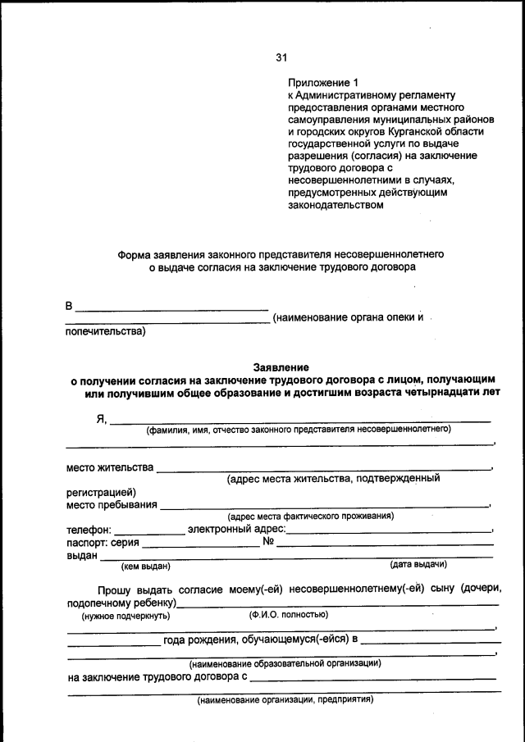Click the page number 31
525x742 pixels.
tap(281, 57)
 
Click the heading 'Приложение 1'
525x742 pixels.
tap(323, 83)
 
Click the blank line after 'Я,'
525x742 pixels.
tap(300, 421)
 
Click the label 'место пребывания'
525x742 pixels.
tap(112, 504)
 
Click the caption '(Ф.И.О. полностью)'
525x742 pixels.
tap(288, 613)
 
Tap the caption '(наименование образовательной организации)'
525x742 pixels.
tap(285, 662)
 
